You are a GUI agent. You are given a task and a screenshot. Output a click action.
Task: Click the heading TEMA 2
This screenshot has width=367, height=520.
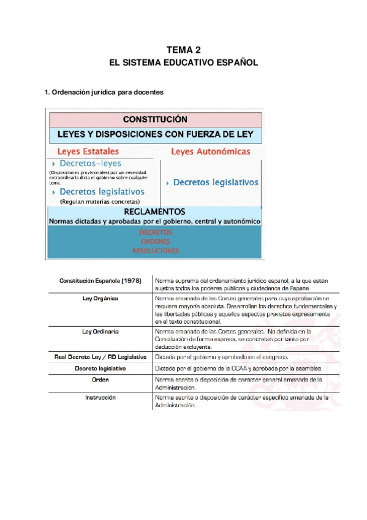coord(183,50)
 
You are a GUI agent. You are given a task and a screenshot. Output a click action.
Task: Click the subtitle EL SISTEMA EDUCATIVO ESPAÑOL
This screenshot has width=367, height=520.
coord(183,63)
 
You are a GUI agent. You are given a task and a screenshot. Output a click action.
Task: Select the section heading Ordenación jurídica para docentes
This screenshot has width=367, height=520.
coord(104,93)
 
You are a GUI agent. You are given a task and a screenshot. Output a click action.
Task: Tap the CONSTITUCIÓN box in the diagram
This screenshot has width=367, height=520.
coord(155,119)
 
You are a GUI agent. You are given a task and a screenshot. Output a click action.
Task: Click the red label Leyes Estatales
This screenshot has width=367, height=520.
coord(88,151)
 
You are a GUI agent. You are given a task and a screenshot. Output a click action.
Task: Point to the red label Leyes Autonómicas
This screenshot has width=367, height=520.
coord(210,151)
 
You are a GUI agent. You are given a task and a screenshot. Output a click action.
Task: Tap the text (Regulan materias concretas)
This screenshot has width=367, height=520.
coord(99,201)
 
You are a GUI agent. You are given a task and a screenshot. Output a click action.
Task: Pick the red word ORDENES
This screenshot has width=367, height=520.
coord(155,242)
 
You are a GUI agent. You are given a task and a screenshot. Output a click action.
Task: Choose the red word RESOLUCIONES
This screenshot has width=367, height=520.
coord(155,250)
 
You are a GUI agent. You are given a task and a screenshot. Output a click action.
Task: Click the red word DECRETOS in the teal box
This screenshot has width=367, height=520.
coord(155,233)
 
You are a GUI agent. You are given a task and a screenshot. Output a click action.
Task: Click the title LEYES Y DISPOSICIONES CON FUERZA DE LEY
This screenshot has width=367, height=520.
coord(155,134)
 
